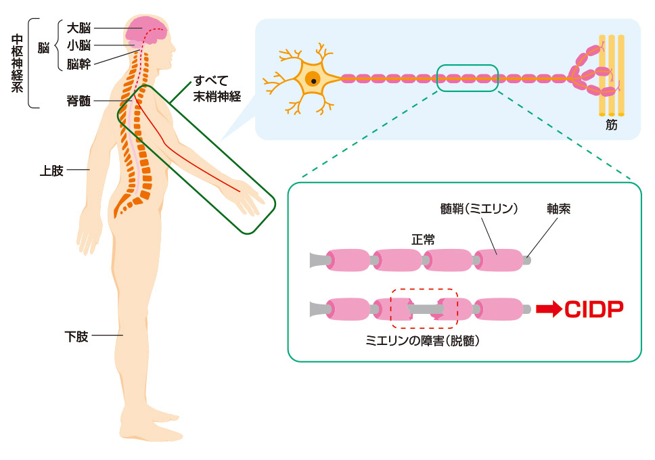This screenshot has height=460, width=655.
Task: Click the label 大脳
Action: (78, 29)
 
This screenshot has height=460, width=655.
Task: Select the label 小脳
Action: (78, 47)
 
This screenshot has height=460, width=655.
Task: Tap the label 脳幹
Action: (78, 64)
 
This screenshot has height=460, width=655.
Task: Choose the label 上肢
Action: (51, 170)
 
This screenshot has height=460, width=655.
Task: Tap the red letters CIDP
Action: (593, 310)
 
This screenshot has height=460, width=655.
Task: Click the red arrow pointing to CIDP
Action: (549, 310)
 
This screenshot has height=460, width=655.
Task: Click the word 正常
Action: (423, 239)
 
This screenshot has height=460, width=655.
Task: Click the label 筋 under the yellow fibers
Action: (612, 125)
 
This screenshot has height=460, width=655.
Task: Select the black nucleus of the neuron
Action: (313, 80)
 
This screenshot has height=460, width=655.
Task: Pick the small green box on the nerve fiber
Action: (468, 78)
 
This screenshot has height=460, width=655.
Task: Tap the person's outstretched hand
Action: (252, 199)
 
